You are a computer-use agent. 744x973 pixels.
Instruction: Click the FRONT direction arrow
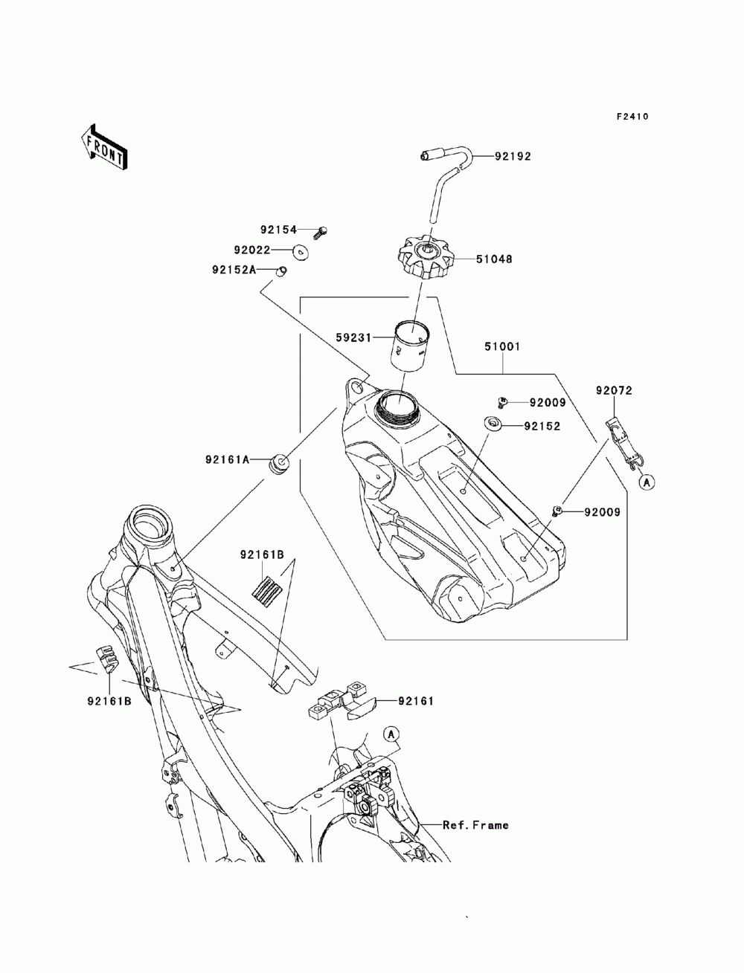click(x=104, y=148)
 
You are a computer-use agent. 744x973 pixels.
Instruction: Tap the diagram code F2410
click(x=632, y=117)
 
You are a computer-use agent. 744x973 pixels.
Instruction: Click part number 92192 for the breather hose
click(x=513, y=157)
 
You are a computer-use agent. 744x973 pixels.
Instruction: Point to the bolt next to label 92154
click(x=321, y=232)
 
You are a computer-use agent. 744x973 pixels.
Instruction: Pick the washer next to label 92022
click(x=301, y=252)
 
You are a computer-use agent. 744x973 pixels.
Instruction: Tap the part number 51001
click(x=502, y=346)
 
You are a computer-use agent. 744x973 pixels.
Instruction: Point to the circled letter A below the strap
click(x=647, y=482)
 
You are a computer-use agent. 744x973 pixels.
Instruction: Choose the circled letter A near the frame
click(x=391, y=734)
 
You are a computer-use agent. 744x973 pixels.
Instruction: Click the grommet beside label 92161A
click(x=278, y=462)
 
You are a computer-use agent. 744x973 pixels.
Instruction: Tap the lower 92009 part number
click(x=602, y=512)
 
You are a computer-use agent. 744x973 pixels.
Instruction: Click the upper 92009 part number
click(x=548, y=402)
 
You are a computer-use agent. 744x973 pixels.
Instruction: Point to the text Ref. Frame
click(x=475, y=825)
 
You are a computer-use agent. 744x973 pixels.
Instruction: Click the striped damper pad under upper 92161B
click(x=266, y=588)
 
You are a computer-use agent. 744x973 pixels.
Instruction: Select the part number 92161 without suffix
click(x=416, y=701)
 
